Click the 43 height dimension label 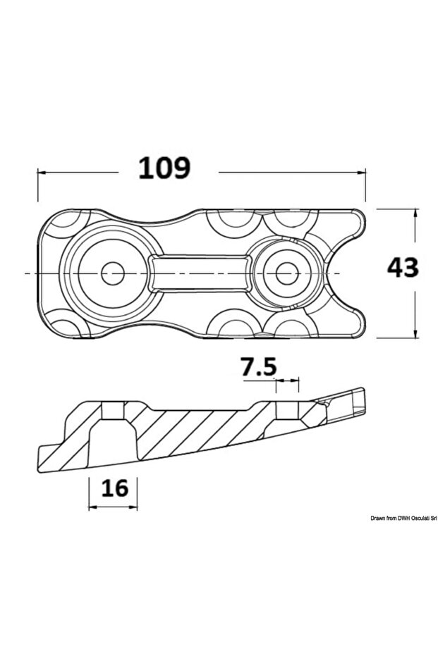403,268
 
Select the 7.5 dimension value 258,367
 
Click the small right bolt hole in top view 285,273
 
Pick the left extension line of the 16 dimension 89,490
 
